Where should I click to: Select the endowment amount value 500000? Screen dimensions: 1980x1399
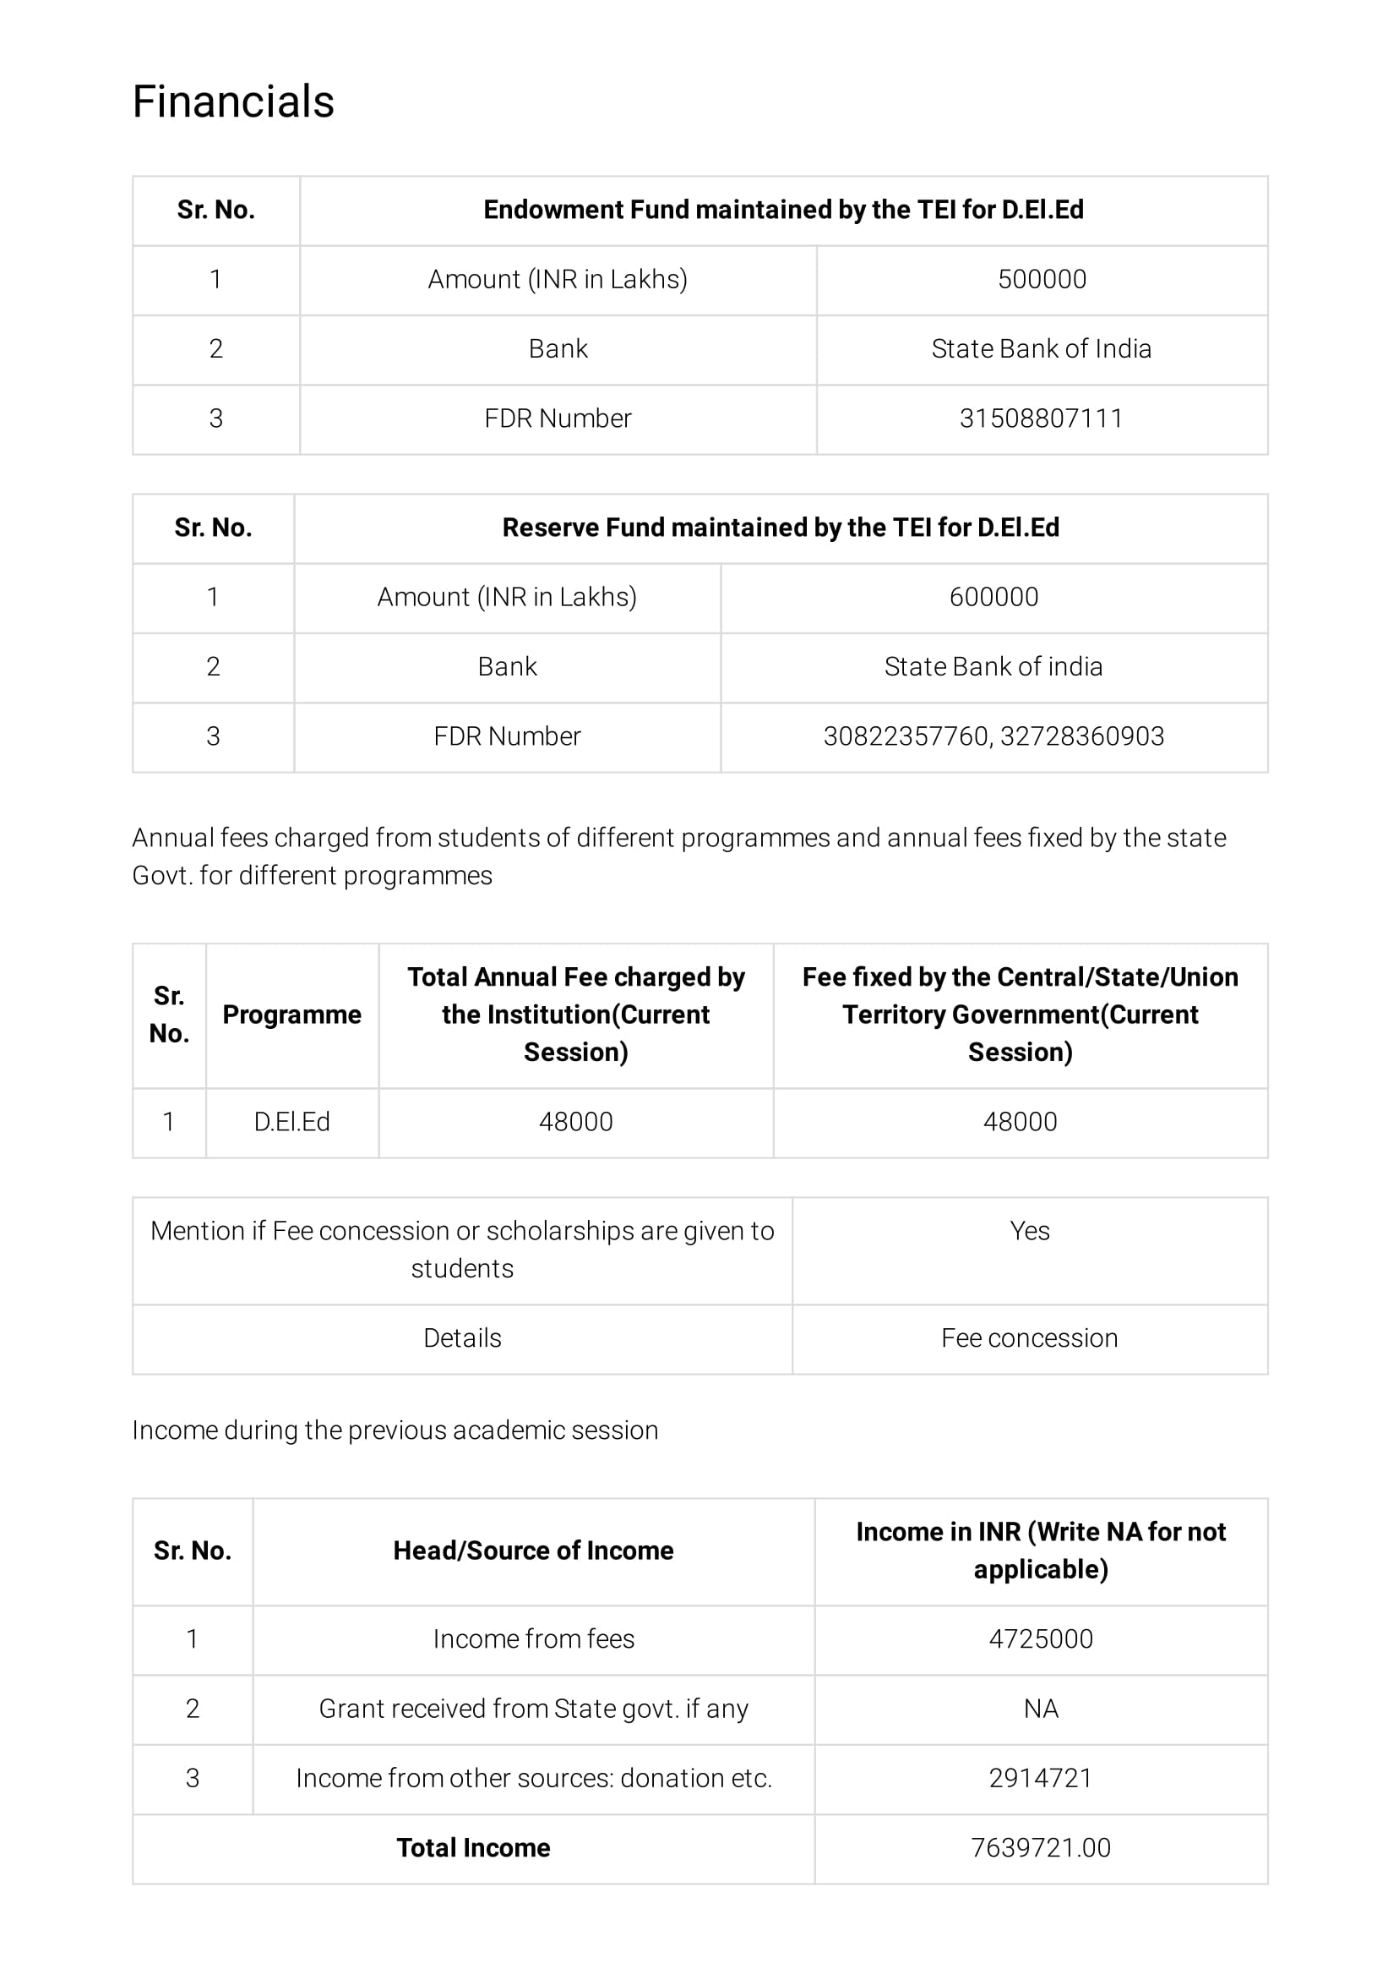click(1042, 279)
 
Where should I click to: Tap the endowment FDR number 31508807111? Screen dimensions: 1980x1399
click(1042, 418)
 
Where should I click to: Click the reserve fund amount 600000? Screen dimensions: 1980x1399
click(993, 597)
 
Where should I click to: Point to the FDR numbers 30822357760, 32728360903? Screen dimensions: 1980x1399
click(993, 736)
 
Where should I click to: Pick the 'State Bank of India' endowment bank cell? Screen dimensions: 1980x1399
click(1042, 348)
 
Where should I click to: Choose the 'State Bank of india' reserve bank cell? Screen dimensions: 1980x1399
click(993, 666)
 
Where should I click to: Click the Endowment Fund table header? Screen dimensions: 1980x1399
click(782, 210)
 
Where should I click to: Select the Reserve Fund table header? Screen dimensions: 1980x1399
click(780, 527)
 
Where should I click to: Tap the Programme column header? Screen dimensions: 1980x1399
click(291, 1015)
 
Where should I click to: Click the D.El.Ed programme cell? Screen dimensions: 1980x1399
click(291, 1121)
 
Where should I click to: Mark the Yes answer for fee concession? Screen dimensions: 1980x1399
click(1029, 1231)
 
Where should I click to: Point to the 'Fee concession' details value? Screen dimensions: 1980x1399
click(1029, 1337)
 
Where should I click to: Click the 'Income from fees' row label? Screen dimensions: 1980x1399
click(534, 1638)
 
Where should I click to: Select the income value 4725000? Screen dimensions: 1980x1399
click(1041, 1638)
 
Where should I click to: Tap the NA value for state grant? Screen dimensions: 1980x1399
click(1041, 1709)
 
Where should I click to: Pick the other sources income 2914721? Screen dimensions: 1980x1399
click(1041, 1778)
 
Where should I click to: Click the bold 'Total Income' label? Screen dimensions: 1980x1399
click(473, 1847)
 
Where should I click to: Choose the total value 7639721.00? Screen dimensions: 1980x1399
click(1041, 1847)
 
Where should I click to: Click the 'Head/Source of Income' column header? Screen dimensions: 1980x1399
click(534, 1551)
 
